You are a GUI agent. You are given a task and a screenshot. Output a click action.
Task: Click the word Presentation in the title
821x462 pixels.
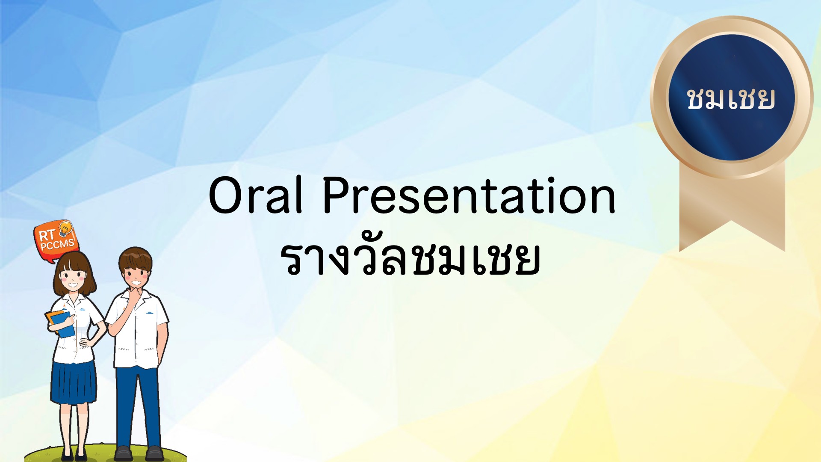pos(469,195)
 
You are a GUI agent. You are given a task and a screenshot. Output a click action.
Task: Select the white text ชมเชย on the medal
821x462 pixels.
pos(731,99)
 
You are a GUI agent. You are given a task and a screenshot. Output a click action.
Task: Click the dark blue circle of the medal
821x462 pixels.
pos(732,98)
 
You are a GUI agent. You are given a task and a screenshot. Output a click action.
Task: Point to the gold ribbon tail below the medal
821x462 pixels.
pos(732,210)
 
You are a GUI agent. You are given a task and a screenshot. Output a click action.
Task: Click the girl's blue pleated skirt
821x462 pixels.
pos(73,383)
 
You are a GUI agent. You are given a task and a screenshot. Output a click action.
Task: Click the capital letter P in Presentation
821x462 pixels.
pos(337,195)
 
